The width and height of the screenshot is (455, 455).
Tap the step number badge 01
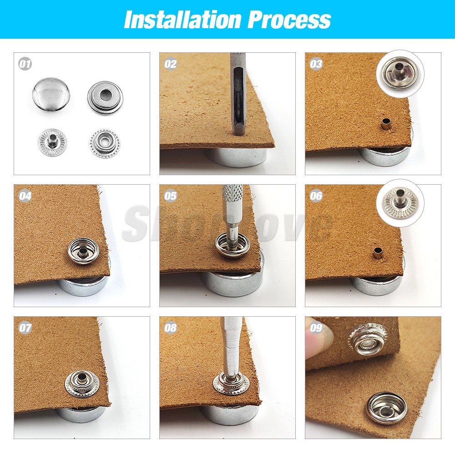pyautogui.click(x=25, y=64)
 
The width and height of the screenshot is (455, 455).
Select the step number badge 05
pyautogui.click(x=171, y=196)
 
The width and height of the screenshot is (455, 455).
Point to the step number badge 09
pyautogui.click(x=316, y=328)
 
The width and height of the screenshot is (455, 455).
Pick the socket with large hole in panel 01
pyautogui.click(x=105, y=97)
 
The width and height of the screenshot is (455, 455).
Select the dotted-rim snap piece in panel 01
pyautogui.click(x=104, y=142)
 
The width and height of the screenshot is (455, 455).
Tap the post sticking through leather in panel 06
pyautogui.click(x=378, y=253)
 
